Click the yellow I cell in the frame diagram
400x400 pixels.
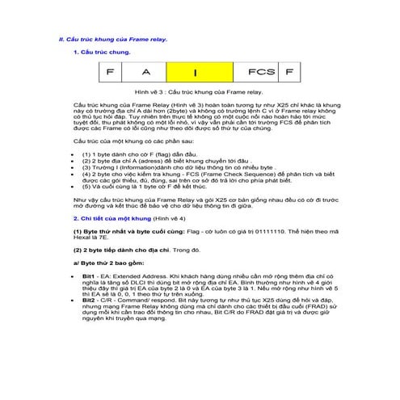[194, 73]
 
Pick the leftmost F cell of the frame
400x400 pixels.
[110, 73]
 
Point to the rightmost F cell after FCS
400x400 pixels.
[284, 73]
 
